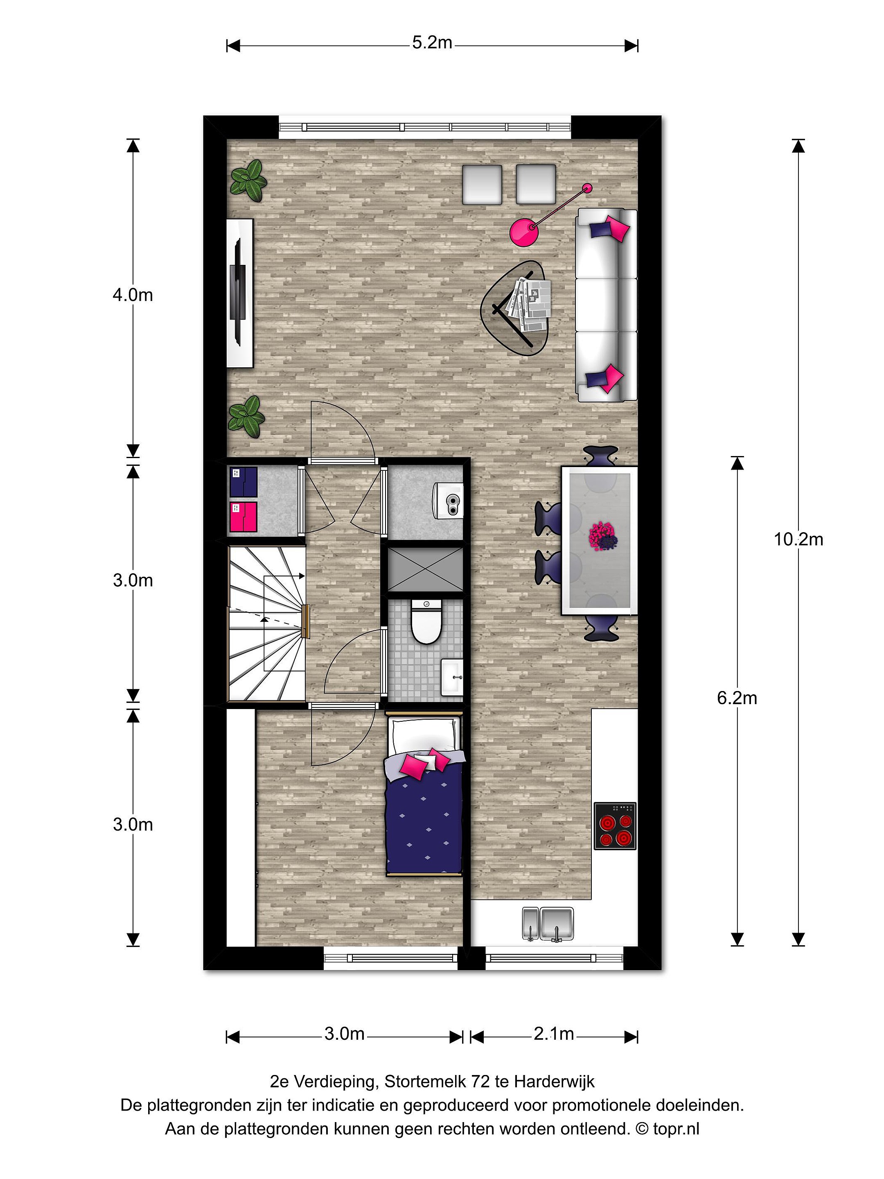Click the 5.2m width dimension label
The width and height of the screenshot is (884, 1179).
tap(432, 42)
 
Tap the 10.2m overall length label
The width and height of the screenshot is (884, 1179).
tap(798, 540)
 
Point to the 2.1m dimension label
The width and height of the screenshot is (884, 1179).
tap(554, 1034)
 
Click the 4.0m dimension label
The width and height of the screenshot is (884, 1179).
tap(133, 295)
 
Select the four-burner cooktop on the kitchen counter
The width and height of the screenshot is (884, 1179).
tap(615, 826)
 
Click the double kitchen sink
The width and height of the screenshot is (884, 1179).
tap(548, 923)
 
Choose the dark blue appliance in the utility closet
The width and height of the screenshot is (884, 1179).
tap(244, 481)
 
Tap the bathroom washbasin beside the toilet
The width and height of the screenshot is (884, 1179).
tap(452, 677)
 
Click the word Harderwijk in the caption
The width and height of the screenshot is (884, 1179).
tap(554, 1082)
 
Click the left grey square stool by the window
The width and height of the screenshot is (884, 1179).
tap(482, 184)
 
